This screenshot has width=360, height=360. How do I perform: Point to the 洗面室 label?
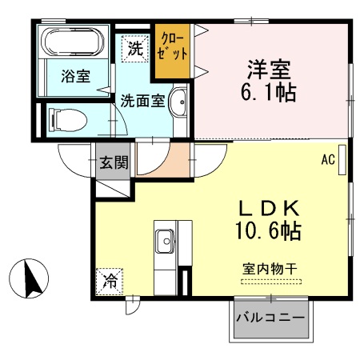coord(143,102)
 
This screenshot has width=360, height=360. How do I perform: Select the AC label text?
coord(327,159)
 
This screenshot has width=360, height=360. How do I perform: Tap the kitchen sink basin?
coord(166,239)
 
